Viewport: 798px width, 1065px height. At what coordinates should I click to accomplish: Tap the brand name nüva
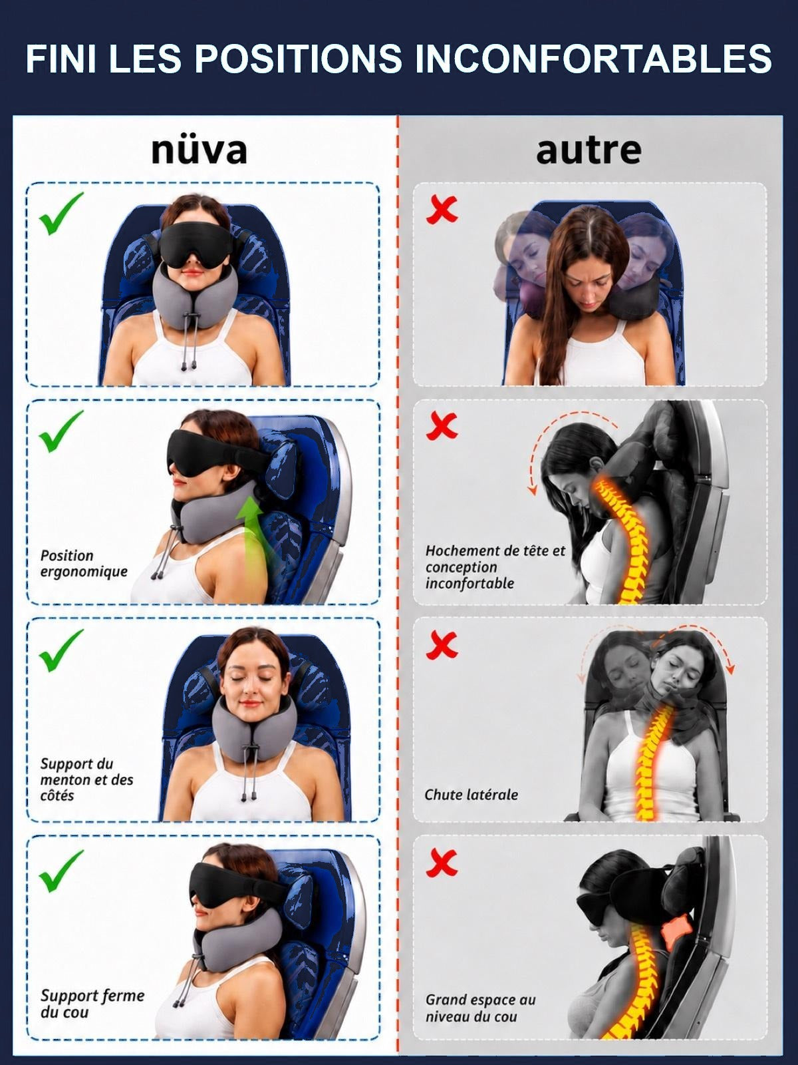pos(199,150)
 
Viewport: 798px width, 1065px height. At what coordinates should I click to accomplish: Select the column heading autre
pos(589,150)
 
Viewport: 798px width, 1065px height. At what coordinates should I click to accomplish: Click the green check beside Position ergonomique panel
pos(61,431)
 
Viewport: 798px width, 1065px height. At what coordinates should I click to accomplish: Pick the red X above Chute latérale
pos(442,646)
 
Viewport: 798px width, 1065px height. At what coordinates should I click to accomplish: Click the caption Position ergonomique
pos(84,563)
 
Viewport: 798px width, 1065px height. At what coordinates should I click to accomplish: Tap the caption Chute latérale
pos(471,795)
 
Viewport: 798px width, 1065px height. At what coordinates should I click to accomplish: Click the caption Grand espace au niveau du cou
pos(481,1008)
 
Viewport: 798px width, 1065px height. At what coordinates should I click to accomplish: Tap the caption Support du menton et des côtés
pos(86,779)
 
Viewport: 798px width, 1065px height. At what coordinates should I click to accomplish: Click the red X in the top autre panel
pos(442,210)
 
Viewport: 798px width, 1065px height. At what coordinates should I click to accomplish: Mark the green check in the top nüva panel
pos(61,214)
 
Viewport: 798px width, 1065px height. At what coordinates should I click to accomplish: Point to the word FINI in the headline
pos(62,59)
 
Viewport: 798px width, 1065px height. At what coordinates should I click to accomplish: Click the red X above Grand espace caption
pos(442,863)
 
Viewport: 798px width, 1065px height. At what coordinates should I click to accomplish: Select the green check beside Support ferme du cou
pos(61,871)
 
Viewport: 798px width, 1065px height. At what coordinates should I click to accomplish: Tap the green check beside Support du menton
pos(61,650)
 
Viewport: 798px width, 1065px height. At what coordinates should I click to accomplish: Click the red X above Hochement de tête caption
pos(442,426)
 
